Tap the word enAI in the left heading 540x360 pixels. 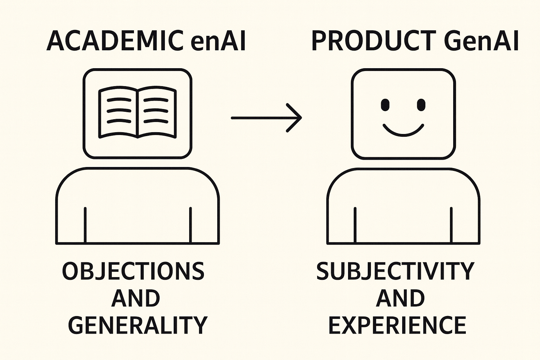pos(218,41)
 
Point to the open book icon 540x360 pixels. pos(137,112)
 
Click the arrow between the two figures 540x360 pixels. pos(266,118)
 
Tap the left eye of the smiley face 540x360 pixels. pos(385,104)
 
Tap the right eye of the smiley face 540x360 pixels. pos(421,104)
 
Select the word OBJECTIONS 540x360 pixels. pos(133,271)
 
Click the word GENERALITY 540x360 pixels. pos(137,325)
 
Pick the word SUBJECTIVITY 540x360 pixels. pos(396,271)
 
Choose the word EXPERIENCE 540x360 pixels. pos(397,325)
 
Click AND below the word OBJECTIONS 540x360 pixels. pos(136,298)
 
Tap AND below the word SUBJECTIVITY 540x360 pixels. pos(400,298)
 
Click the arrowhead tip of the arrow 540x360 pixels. pos(301,118)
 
